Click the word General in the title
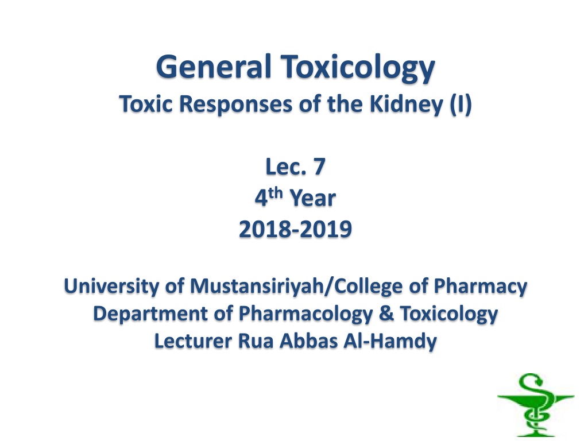(214, 67)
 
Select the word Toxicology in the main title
(358, 68)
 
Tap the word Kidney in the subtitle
(406, 105)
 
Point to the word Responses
(235, 105)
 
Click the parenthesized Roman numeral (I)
(461, 105)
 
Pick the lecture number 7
(319, 167)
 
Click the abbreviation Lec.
(285, 167)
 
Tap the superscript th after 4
(275, 193)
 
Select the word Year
(313, 198)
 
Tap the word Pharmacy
(481, 287)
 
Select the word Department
(150, 314)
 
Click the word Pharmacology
(305, 314)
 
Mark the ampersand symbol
(386, 314)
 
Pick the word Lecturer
(193, 341)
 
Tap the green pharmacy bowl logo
(536, 405)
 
